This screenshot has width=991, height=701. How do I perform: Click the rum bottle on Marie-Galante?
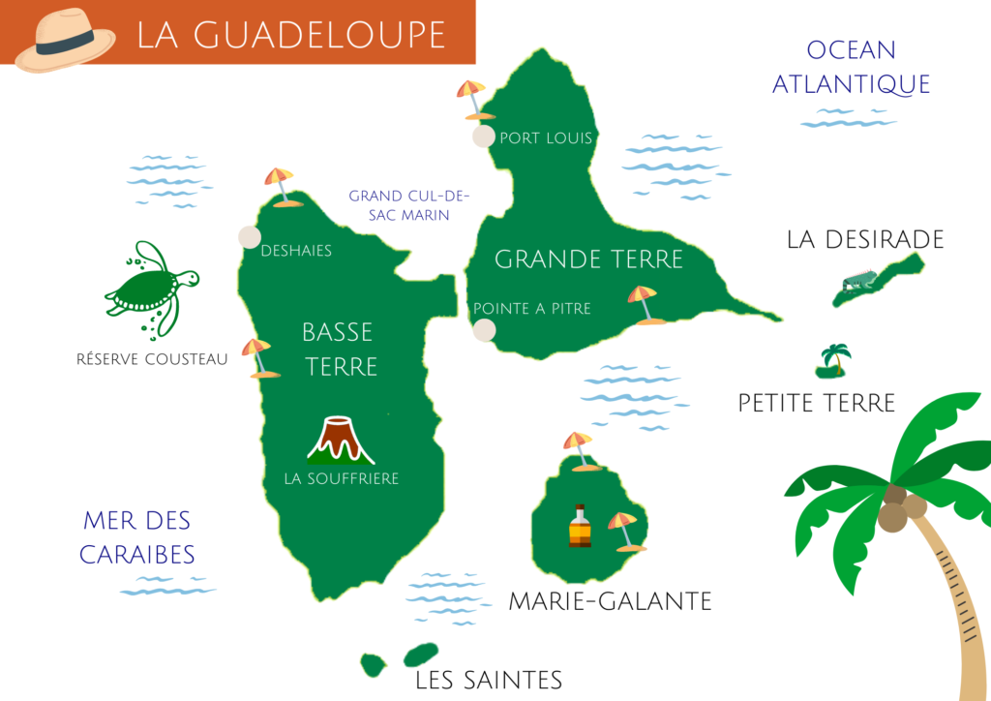tap(579, 528)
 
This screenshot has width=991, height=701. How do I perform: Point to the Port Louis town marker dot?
tap(483, 137)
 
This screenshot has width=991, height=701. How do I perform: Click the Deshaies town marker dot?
tap(250, 237)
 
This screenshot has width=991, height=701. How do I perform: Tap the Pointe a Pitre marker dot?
tap(484, 330)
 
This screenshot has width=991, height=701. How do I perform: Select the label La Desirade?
tap(864, 239)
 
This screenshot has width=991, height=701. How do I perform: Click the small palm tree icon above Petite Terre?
tap(833, 359)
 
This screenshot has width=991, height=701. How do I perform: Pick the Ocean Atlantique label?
tap(851, 67)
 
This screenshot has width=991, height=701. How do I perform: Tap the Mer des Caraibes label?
tap(136, 537)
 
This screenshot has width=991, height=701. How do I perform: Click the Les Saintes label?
tap(488, 680)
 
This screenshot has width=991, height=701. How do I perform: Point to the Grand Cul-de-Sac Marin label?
tap(408, 205)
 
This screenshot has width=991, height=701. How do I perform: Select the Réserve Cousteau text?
tap(152, 359)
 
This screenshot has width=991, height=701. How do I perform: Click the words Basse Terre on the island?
tap(338, 349)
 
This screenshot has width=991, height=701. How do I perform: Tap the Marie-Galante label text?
tap(610, 601)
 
